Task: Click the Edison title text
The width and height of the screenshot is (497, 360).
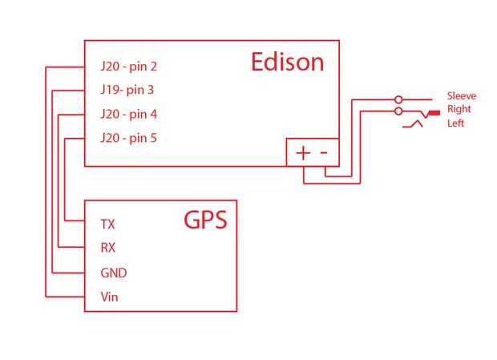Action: pyautogui.click(x=288, y=62)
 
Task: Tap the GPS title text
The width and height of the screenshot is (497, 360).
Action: pyautogui.click(x=205, y=220)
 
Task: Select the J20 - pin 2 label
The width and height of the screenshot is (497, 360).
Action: pyautogui.click(x=129, y=67)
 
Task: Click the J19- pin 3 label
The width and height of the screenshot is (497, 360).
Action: pyautogui.click(x=127, y=90)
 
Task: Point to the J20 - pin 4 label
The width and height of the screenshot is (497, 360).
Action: pyautogui.click(x=129, y=114)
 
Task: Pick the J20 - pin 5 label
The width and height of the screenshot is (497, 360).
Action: pyautogui.click(x=129, y=138)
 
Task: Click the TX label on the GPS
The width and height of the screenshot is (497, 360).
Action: pyautogui.click(x=107, y=224)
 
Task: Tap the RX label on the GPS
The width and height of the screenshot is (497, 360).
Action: pyautogui.click(x=107, y=248)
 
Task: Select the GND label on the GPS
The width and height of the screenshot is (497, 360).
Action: pyautogui.click(x=114, y=273)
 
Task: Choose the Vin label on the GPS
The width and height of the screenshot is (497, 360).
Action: pyautogui.click(x=109, y=297)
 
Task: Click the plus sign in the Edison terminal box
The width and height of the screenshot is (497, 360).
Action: pyautogui.click(x=303, y=153)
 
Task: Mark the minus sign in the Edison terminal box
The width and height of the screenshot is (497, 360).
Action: pyautogui.click(x=324, y=153)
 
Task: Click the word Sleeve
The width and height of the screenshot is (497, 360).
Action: pyautogui.click(x=462, y=96)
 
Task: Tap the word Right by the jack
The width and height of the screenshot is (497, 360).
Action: pyautogui.click(x=459, y=109)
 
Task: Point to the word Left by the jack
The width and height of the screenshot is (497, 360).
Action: pyautogui.click(x=455, y=123)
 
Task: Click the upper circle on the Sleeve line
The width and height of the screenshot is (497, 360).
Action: pyautogui.click(x=398, y=100)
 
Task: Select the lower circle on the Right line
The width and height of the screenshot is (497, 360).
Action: pyautogui.click(x=398, y=111)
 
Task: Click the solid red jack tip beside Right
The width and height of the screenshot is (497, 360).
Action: pyautogui.click(x=434, y=113)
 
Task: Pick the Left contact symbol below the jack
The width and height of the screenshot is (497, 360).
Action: pyautogui.click(x=412, y=124)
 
